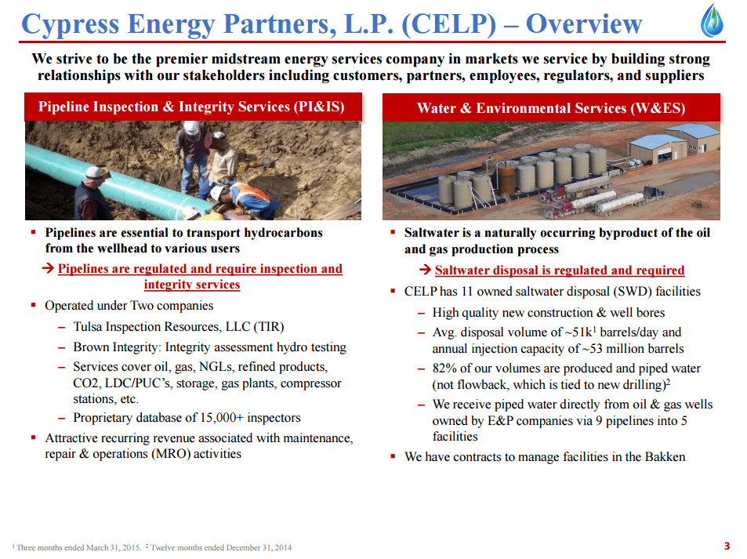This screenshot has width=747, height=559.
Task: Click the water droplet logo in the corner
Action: pyautogui.click(x=712, y=20)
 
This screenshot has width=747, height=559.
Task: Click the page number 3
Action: pyautogui.click(x=727, y=546)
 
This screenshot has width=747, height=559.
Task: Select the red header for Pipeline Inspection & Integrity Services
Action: pyautogui.click(x=193, y=107)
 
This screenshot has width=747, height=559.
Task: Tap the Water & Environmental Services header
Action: pyautogui.click(x=551, y=107)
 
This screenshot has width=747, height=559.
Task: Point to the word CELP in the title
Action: pyautogui.click(x=449, y=24)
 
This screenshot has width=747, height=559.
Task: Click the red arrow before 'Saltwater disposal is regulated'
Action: pyautogui.click(x=425, y=270)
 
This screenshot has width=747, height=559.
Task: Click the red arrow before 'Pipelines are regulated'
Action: pyautogui.click(x=48, y=268)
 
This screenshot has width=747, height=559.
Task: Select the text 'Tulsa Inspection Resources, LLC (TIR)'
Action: pyautogui.click(x=179, y=326)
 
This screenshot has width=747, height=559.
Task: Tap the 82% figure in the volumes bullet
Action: pyautogui.click(x=444, y=368)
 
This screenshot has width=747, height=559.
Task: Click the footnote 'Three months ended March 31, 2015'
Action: pyautogui.click(x=78, y=547)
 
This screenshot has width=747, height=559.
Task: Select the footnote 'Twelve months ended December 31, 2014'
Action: pyautogui.click(x=221, y=547)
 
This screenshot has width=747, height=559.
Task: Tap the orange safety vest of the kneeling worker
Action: pyautogui.click(x=252, y=195)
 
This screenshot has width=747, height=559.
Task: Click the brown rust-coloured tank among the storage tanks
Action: pyautogui.click(x=506, y=179)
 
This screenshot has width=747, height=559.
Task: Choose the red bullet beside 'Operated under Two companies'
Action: pyautogui.click(x=34, y=305)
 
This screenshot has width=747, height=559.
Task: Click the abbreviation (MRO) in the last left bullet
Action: pyautogui.click(x=171, y=454)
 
